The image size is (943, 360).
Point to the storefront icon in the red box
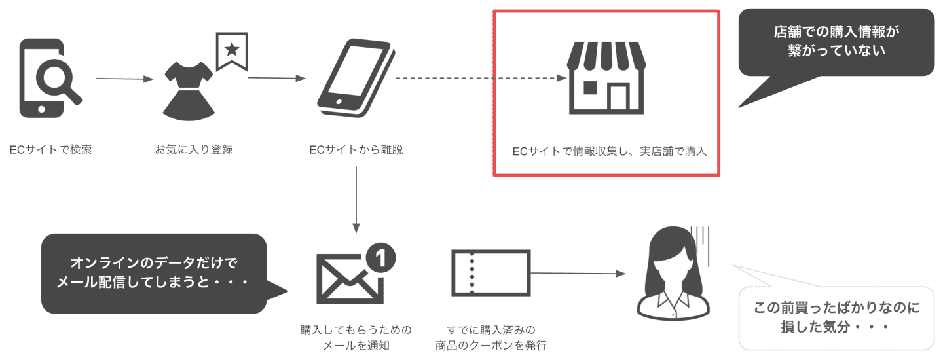[606, 77]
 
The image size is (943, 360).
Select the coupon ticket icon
[490, 272]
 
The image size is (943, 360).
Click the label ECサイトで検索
[50, 150]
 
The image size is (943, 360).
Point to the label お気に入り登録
[194, 150]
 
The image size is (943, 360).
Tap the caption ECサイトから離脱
[356, 150]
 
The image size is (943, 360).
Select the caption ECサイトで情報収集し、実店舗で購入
[610, 151]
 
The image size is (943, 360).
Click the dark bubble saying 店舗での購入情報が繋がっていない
[836, 42]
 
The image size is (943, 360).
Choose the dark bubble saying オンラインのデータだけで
[154, 273]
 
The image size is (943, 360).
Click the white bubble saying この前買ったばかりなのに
[836, 317]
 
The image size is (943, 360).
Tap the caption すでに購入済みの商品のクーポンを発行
[490, 337]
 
